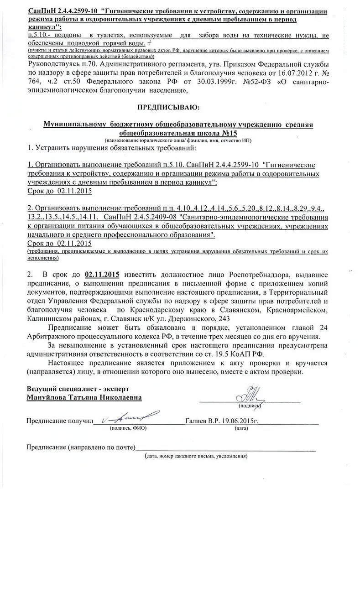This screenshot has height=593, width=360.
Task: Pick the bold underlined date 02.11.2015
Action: click(102, 275)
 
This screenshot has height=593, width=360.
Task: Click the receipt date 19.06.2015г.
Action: click(241, 421)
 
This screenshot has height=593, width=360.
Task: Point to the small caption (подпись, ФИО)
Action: click(127, 429)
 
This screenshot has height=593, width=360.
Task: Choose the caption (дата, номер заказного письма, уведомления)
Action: click(196, 456)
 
